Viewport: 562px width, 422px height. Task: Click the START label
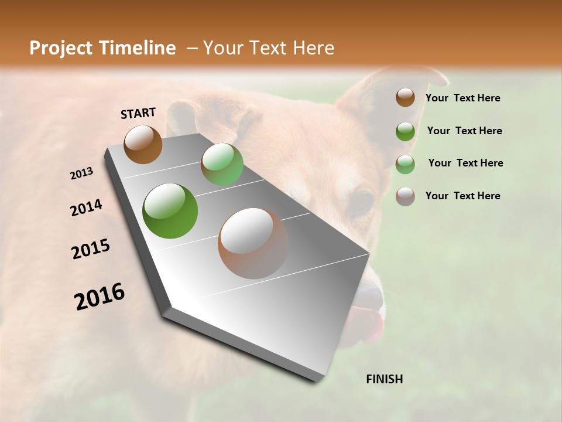click(138, 113)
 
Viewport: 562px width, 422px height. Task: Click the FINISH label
click(384, 379)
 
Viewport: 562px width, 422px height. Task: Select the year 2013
click(82, 173)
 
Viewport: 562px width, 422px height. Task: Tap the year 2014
click(87, 207)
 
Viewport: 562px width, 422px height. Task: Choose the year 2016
click(100, 297)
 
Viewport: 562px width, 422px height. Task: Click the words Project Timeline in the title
click(102, 48)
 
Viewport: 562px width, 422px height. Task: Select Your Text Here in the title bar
click(268, 48)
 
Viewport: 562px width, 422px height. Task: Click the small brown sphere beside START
click(143, 144)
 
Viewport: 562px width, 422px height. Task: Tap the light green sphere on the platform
click(222, 164)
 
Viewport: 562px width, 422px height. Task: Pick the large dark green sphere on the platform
click(170, 211)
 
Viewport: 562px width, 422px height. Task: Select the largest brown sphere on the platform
click(253, 243)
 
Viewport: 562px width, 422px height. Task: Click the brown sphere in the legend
click(405, 97)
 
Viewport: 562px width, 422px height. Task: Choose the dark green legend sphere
click(405, 131)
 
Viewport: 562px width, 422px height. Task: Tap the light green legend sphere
click(405, 164)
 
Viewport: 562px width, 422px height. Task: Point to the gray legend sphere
click(405, 196)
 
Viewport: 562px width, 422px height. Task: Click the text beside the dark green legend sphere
click(464, 131)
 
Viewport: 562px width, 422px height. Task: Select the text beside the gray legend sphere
click(462, 196)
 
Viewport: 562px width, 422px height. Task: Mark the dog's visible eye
click(361, 203)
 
